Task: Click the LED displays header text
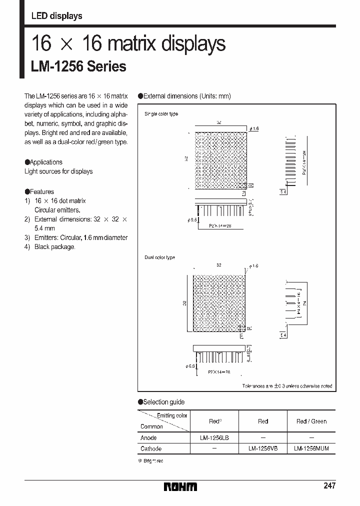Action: [56, 16]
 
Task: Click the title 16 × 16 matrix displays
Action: [128, 44]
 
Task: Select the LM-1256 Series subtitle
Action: [78, 66]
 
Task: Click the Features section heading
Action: [41, 191]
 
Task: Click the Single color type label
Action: [161, 114]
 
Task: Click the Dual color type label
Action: [159, 257]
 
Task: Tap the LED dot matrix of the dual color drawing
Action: [218, 302]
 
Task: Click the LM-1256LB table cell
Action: [214, 437]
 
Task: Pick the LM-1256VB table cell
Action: [263, 448]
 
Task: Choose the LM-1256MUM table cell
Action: [311, 448]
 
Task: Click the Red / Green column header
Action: [311, 421]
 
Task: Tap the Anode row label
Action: [148, 437]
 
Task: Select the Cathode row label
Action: [151, 448]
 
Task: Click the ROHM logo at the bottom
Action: [181, 486]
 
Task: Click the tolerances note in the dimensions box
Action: [287, 386]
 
